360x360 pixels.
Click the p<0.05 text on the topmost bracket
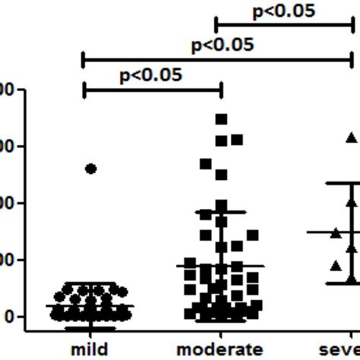coord(283,10)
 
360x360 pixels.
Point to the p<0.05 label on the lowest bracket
coord(150,74)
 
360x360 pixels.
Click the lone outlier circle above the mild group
coord(90,169)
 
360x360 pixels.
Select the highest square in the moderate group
coord(221,118)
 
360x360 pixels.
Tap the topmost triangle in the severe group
coord(351,137)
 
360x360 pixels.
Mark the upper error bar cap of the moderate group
coord(221,211)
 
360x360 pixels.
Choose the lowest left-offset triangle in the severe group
coord(336,265)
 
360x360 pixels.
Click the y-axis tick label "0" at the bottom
coord(9,316)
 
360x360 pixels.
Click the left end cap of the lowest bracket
coord(83,90)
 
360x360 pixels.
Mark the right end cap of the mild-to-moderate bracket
coord(221,90)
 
